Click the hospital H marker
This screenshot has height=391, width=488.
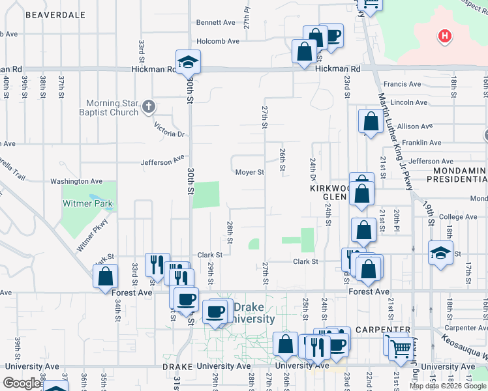pos(445,36)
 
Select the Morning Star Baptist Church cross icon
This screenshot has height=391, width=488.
pos(149,106)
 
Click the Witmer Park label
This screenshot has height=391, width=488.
pos(87,203)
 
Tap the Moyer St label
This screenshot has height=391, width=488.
pos(250,173)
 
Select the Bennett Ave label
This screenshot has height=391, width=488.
pos(215,22)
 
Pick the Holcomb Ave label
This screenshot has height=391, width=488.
pos(218,41)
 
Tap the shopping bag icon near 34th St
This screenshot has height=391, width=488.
pos(106,276)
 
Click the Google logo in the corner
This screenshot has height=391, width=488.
pos(22,383)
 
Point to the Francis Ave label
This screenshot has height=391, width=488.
pos(402,84)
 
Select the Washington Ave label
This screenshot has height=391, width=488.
pos(76,181)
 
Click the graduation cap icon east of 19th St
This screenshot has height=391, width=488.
pos(441,253)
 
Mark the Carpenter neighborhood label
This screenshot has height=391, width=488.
pos(388,330)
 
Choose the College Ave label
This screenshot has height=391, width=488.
pos(459,217)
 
